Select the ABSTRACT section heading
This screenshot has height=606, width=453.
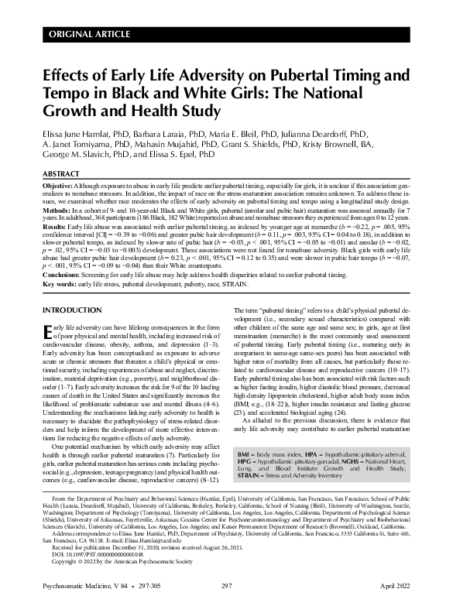pyautogui.click(x=63, y=175)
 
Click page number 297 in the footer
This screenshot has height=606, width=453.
pyautogui.click(x=226, y=588)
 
